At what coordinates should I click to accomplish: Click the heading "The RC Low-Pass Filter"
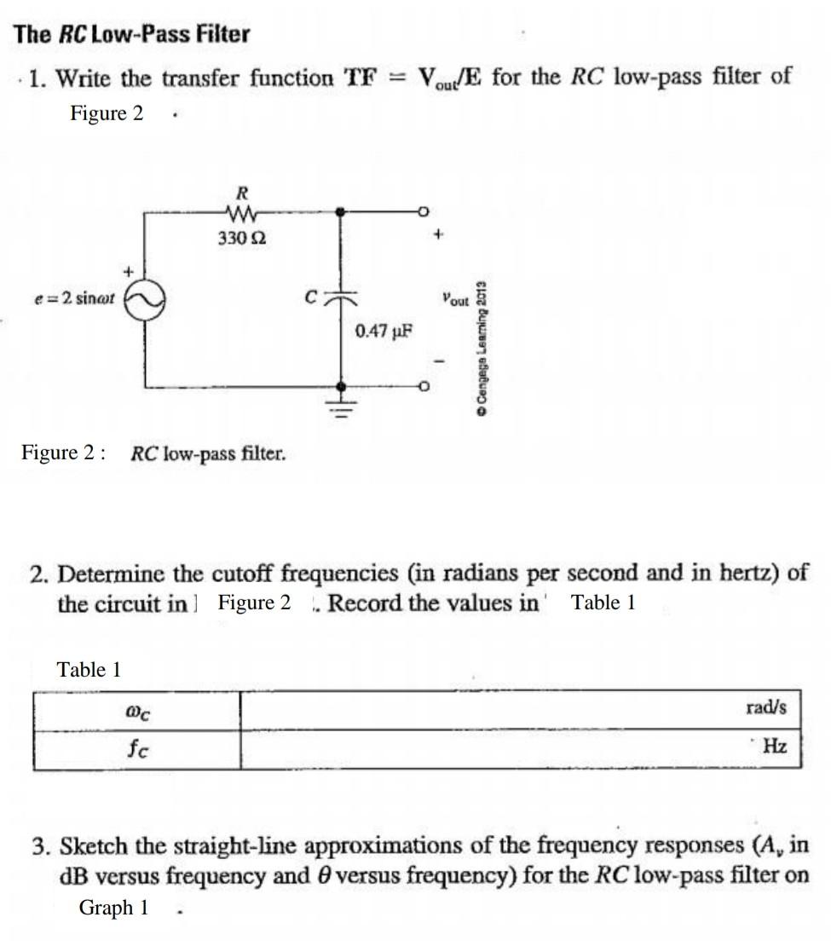tap(132, 35)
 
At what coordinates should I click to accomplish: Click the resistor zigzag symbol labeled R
tap(239, 211)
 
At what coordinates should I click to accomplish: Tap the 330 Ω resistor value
tap(241, 239)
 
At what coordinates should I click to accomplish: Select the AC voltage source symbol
tap(144, 300)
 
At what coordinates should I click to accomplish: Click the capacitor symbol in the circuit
tap(342, 297)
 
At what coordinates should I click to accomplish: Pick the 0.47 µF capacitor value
tap(384, 331)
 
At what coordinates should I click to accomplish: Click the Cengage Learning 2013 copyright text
tap(482, 348)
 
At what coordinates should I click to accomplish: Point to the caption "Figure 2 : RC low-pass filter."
tap(153, 453)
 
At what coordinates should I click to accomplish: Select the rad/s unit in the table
tap(765, 707)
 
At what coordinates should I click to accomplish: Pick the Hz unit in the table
tap(774, 747)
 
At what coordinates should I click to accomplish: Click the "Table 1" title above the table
tap(89, 670)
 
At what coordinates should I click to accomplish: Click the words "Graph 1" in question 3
tap(113, 908)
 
